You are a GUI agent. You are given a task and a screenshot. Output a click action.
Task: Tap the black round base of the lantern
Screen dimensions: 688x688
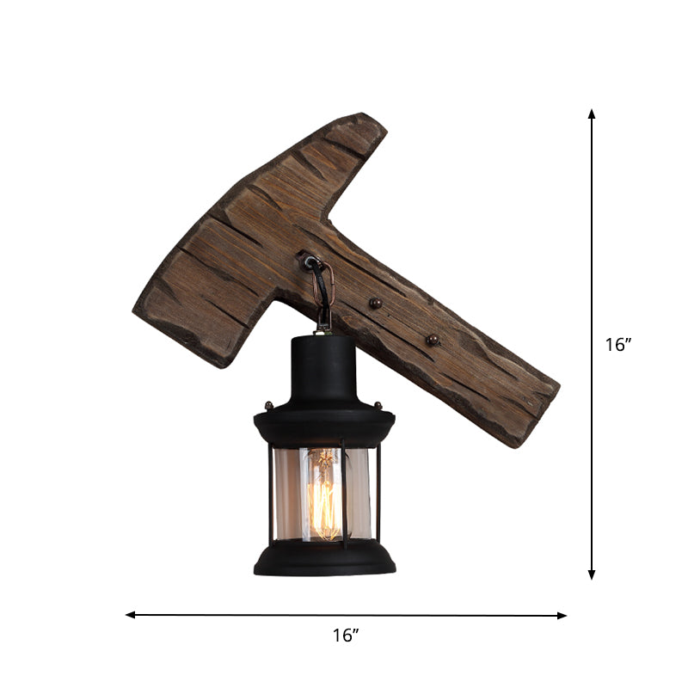(325, 561)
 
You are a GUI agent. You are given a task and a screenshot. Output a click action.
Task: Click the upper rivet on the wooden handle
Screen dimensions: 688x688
(374, 304)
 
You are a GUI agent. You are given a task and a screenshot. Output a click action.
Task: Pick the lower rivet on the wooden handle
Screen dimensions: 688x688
(432, 341)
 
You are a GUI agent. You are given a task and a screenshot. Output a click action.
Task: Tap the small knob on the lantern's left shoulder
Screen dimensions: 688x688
(268, 405)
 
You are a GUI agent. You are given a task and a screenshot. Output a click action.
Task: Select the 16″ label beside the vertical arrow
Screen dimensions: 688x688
(618, 345)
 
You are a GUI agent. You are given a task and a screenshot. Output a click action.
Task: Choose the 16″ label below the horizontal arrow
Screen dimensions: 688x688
(345, 636)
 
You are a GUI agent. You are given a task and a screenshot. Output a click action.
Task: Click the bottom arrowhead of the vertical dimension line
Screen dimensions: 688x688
(592, 574)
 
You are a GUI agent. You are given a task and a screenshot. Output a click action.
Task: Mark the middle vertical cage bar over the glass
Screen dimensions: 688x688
(343, 494)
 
